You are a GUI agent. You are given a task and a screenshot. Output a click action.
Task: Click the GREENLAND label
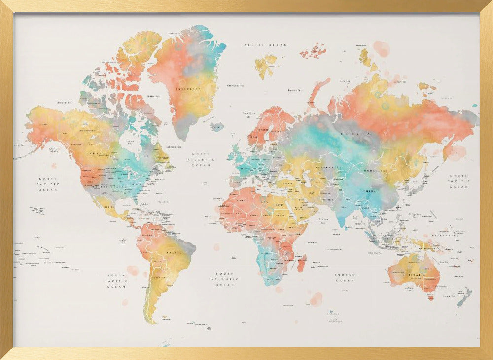pos(188,89)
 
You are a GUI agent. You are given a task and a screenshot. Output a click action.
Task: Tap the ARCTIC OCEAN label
pos(265,45)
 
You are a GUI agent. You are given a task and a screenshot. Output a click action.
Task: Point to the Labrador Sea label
pos(174,146)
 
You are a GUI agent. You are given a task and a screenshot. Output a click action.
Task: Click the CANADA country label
pos(95,153)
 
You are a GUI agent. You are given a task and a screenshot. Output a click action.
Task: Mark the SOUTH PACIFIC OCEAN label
pos(117,281)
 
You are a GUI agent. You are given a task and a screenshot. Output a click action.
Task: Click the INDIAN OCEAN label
pos(345,278)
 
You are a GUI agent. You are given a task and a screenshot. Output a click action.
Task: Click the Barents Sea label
pos(295,90)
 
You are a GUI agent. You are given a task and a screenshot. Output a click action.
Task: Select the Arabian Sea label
pos(323,221)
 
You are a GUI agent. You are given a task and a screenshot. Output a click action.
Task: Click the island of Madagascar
pos(301,263)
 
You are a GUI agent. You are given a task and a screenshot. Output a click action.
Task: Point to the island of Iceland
pos(217,127)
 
